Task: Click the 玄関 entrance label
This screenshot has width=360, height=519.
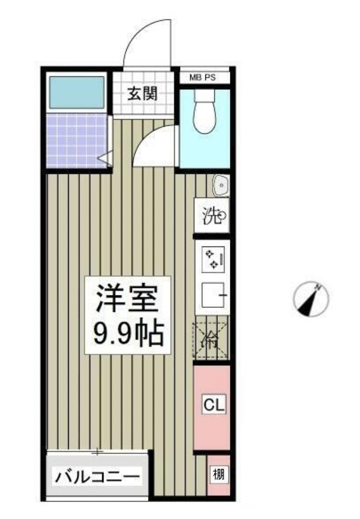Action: tap(142, 94)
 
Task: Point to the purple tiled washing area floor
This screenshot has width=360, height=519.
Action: tap(77, 140)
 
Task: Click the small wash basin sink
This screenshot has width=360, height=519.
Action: tap(221, 186)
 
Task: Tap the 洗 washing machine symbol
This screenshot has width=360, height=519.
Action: tap(212, 217)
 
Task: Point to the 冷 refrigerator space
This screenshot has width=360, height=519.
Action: tap(211, 341)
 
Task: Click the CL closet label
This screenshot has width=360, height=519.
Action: tap(213, 404)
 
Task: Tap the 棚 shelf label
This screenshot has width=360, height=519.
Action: tap(218, 475)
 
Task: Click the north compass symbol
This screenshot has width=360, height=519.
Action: tap(310, 300)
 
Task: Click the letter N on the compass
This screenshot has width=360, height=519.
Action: tap(317, 287)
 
